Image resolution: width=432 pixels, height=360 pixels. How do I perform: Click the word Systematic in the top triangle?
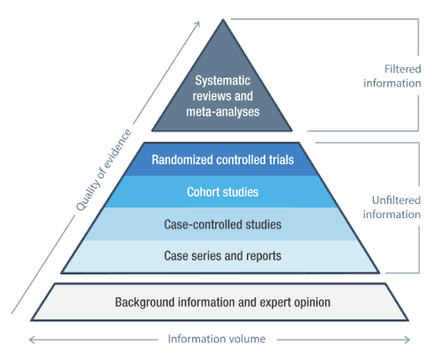click(223, 80)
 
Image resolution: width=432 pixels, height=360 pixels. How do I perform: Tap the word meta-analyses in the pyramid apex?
click(223, 112)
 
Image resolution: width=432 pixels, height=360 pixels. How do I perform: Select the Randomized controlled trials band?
click(222, 160)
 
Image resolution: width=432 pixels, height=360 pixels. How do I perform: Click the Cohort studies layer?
click(222, 191)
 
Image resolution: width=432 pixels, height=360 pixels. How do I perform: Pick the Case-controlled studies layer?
click(222, 224)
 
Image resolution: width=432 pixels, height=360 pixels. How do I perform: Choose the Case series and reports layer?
click(222, 257)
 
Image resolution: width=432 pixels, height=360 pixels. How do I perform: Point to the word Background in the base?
click(145, 303)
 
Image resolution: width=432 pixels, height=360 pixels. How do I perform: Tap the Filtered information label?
click(392, 76)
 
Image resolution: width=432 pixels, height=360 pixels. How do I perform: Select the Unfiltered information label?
click(391, 207)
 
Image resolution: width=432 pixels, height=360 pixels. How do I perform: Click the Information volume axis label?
click(217, 339)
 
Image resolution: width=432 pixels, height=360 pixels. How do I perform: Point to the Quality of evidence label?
click(103, 170)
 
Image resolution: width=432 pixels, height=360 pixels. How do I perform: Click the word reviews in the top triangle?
click(212, 96)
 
